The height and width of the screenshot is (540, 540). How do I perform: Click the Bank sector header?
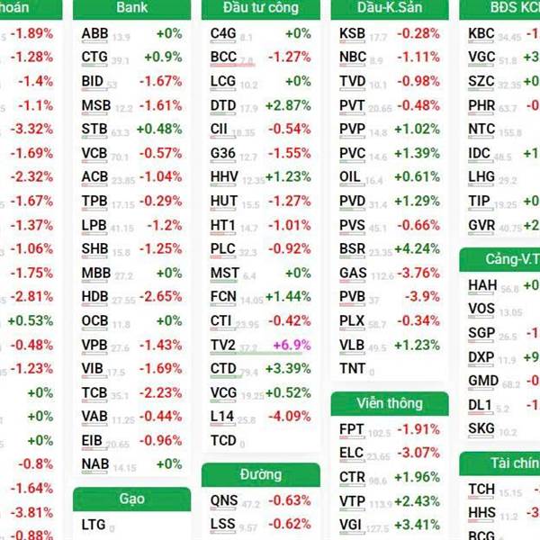pos(131,8)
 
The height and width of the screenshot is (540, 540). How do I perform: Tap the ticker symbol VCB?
pos(94,153)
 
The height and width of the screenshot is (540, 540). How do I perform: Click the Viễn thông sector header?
pos(389,402)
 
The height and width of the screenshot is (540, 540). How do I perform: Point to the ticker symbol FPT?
pos(352,429)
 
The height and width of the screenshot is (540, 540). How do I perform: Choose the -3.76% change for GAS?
pos(418,273)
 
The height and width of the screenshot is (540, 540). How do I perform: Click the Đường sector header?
pos(260,474)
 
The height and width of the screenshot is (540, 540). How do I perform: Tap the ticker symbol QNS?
pos(224,500)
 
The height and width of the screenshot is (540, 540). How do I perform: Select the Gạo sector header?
pos(131,499)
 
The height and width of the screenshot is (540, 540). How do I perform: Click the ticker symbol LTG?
pos(94,525)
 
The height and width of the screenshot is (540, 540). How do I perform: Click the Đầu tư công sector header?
pos(260,8)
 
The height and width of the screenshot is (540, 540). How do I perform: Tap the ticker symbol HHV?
pos(224,177)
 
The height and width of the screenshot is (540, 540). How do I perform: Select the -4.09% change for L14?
pos(291,417)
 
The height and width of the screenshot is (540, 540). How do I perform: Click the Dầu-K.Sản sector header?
pos(389,8)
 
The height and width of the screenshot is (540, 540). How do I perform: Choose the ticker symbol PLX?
pos(352,320)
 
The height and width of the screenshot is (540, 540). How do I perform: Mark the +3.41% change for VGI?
pos(418,525)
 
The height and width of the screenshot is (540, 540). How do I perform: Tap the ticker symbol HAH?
pos(481,286)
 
